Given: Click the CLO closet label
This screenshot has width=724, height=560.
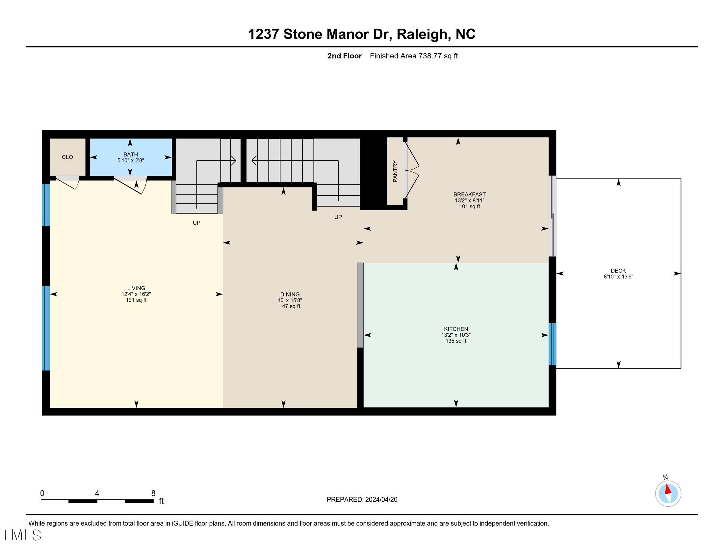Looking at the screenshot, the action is [x=67, y=157].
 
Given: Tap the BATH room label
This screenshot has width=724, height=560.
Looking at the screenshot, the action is [x=131, y=154].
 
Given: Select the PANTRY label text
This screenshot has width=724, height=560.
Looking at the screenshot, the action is [x=395, y=171].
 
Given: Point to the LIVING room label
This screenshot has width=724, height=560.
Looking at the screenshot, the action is [x=136, y=288].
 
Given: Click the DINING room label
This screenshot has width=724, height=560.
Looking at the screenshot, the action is [x=290, y=294].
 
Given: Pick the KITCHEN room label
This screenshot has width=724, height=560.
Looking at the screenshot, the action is [x=456, y=329].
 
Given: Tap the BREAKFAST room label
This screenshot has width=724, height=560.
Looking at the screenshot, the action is [x=469, y=194].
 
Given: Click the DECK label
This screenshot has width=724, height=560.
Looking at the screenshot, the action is [x=618, y=271].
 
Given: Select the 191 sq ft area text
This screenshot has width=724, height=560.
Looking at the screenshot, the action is [x=136, y=300].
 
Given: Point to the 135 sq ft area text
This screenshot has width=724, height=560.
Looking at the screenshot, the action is [x=456, y=341].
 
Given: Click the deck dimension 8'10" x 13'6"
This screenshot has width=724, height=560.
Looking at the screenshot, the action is [x=618, y=276].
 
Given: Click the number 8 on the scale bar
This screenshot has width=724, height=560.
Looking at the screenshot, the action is [x=153, y=493].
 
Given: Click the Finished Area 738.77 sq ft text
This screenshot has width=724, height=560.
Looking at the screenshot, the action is [x=414, y=56].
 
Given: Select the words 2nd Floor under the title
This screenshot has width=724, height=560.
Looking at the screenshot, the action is [x=345, y=56].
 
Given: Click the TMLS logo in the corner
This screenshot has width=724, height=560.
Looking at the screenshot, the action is [x=21, y=535].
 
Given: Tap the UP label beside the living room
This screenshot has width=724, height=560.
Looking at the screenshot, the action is [x=196, y=223].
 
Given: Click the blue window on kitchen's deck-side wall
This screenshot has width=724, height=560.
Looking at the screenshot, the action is [x=552, y=344].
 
